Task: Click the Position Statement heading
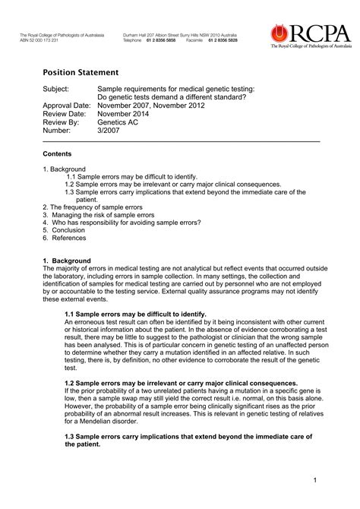(80, 73)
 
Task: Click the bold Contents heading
(57, 153)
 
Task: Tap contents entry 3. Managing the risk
(99, 214)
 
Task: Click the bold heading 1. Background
(69, 261)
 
